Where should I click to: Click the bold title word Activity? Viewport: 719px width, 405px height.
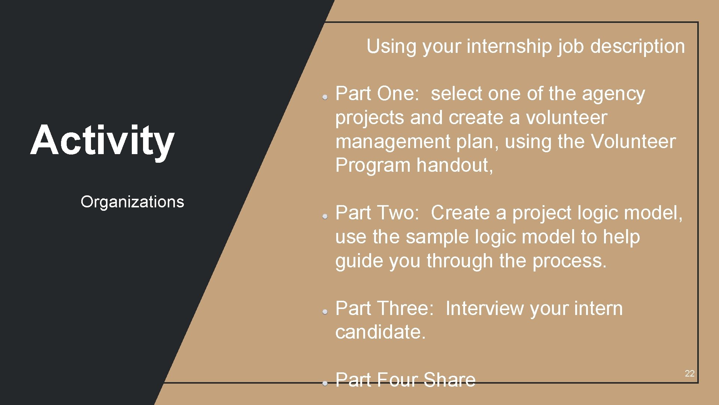tap(102, 141)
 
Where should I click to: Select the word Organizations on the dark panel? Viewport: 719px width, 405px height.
tap(132, 202)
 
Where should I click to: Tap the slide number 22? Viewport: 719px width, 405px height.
tap(689, 373)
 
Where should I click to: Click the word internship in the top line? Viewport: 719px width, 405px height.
tap(510, 46)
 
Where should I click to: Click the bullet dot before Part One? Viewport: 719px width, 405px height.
tap(325, 97)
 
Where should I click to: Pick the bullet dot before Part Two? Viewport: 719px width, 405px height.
tap(325, 216)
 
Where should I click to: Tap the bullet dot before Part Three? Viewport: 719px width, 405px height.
tap(325, 312)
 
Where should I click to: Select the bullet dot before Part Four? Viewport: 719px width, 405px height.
tap(325, 383)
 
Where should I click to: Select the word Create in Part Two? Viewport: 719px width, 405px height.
tap(460, 213)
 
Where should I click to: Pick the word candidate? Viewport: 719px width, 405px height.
tap(380, 332)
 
